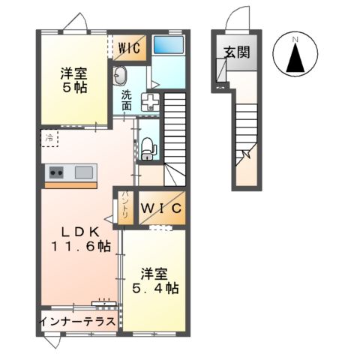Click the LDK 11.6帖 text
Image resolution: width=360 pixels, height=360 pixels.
pyautogui.click(x=81, y=238)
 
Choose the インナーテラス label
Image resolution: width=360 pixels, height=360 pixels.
pyautogui.click(x=78, y=322)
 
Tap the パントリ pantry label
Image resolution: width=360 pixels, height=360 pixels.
pyautogui.click(x=124, y=205)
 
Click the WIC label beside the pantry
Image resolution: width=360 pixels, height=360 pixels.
pyautogui.click(x=160, y=208)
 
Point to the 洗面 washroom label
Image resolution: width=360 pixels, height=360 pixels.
pyautogui.click(x=127, y=100)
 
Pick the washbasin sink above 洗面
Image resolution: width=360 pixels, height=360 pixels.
pyautogui.click(x=121, y=76)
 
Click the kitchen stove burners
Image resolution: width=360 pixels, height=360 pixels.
pyautogui.click(x=57, y=173)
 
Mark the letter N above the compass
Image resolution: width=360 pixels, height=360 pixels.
pyautogui.click(x=295, y=38)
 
